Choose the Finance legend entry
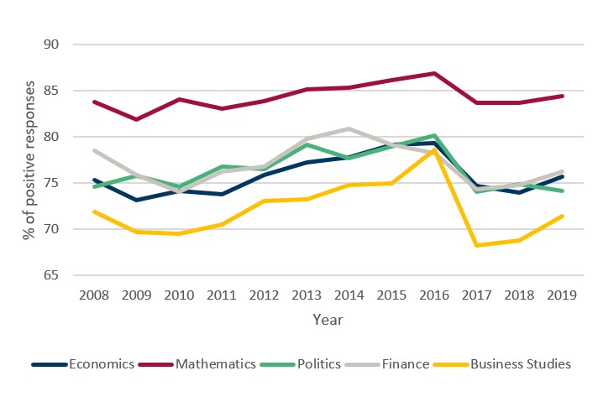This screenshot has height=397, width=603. [x=406, y=364]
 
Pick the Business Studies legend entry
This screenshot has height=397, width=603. [x=520, y=364]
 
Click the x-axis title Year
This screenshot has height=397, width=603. [x=328, y=320]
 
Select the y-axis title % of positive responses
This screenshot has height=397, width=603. [x=30, y=159]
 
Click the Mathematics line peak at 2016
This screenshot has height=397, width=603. [x=433, y=73]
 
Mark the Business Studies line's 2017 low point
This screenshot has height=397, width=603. [x=476, y=245]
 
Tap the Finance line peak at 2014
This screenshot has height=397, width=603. [x=349, y=128]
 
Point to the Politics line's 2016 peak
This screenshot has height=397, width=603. [x=433, y=135]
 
